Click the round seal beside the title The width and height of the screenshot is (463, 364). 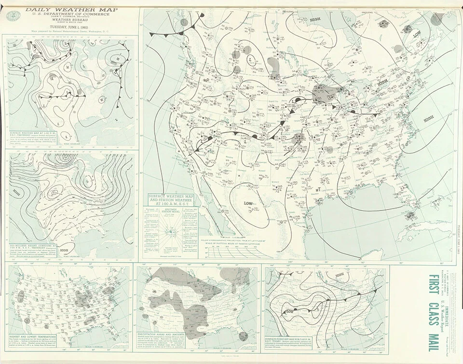coord(11,15)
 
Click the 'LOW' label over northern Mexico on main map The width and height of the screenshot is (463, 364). coord(249,203)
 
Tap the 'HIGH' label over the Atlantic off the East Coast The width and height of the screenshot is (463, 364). coord(428,117)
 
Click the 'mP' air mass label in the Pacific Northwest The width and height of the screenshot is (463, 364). coord(206,80)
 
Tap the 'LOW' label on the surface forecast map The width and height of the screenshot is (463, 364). coord(290,311)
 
